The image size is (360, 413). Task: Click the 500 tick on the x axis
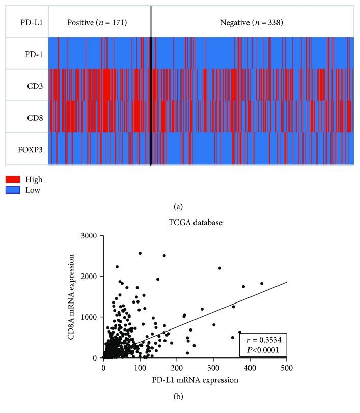point(286,367)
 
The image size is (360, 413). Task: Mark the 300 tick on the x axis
point(213,367)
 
